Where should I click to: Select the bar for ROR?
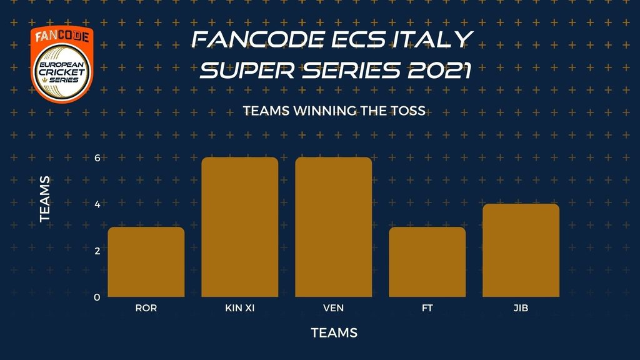(146, 262)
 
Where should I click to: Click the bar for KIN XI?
(240, 227)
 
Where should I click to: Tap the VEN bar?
(334, 227)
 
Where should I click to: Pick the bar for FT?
(427, 262)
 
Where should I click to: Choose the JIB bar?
(521, 250)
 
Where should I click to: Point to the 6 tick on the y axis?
(97, 158)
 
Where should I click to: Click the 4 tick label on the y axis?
(97, 204)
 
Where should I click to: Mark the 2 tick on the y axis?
(97, 251)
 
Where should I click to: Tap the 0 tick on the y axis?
(97, 297)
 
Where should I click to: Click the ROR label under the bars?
(146, 308)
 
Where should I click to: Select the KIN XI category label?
(240, 308)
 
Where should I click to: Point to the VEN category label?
(334, 308)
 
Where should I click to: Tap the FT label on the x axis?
(427, 308)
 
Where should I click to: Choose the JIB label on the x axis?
(521, 308)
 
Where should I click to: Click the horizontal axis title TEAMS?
(334, 332)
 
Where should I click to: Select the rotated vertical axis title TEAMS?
(45, 199)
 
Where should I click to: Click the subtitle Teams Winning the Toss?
(334, 111)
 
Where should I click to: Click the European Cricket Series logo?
(62, 64)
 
